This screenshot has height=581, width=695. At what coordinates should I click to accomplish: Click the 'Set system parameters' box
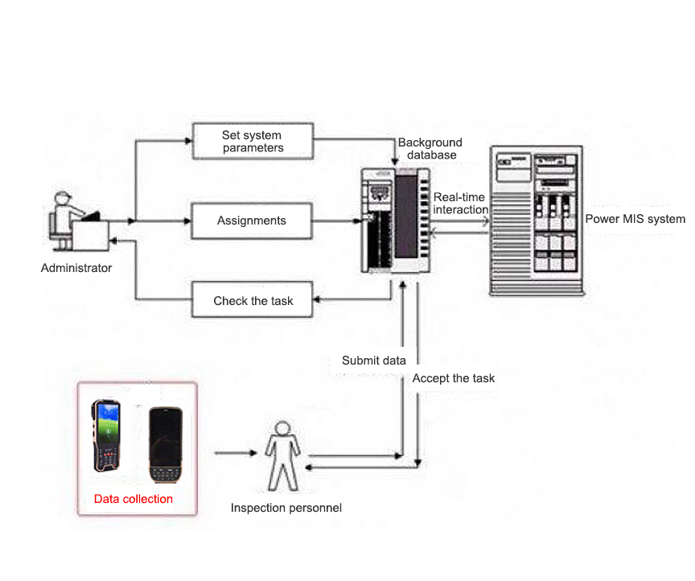click(x=253, y=141)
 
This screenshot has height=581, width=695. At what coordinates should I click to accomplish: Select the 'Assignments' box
click(x=252, y=220)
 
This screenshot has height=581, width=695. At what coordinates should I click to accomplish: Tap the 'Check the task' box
click(x=253, y=301)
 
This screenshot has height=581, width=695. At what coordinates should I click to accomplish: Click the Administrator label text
click(x=76, y=268)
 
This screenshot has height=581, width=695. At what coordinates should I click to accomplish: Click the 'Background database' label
click(x=430, y=149)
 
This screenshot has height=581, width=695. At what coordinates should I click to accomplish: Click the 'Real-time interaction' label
click(x=460, y=204)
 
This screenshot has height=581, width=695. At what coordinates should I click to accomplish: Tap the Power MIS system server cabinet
click(x=535, y=219)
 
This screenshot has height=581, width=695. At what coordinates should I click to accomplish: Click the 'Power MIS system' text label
click(x=635, y=219)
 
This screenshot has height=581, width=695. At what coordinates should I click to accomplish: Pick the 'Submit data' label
click(x=373, y=361)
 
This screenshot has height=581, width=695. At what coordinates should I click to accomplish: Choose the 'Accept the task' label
click(x=454, y=378)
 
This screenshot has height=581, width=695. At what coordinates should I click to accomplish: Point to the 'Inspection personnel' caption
click(x=286, y=508)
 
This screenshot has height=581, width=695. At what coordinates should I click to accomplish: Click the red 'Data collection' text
click(x=134, y=499)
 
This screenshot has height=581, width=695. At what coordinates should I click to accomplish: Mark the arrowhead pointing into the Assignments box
click(x=188, y=220)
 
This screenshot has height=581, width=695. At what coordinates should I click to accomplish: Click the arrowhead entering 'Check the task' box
click(x=317, y=301)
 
